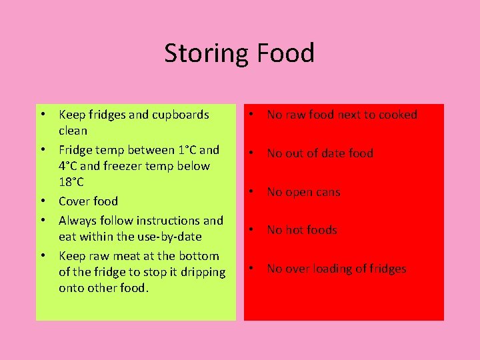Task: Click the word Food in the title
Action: tap(285, 53)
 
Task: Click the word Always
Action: tap(79, 220)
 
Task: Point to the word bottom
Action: tap(200, 255)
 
